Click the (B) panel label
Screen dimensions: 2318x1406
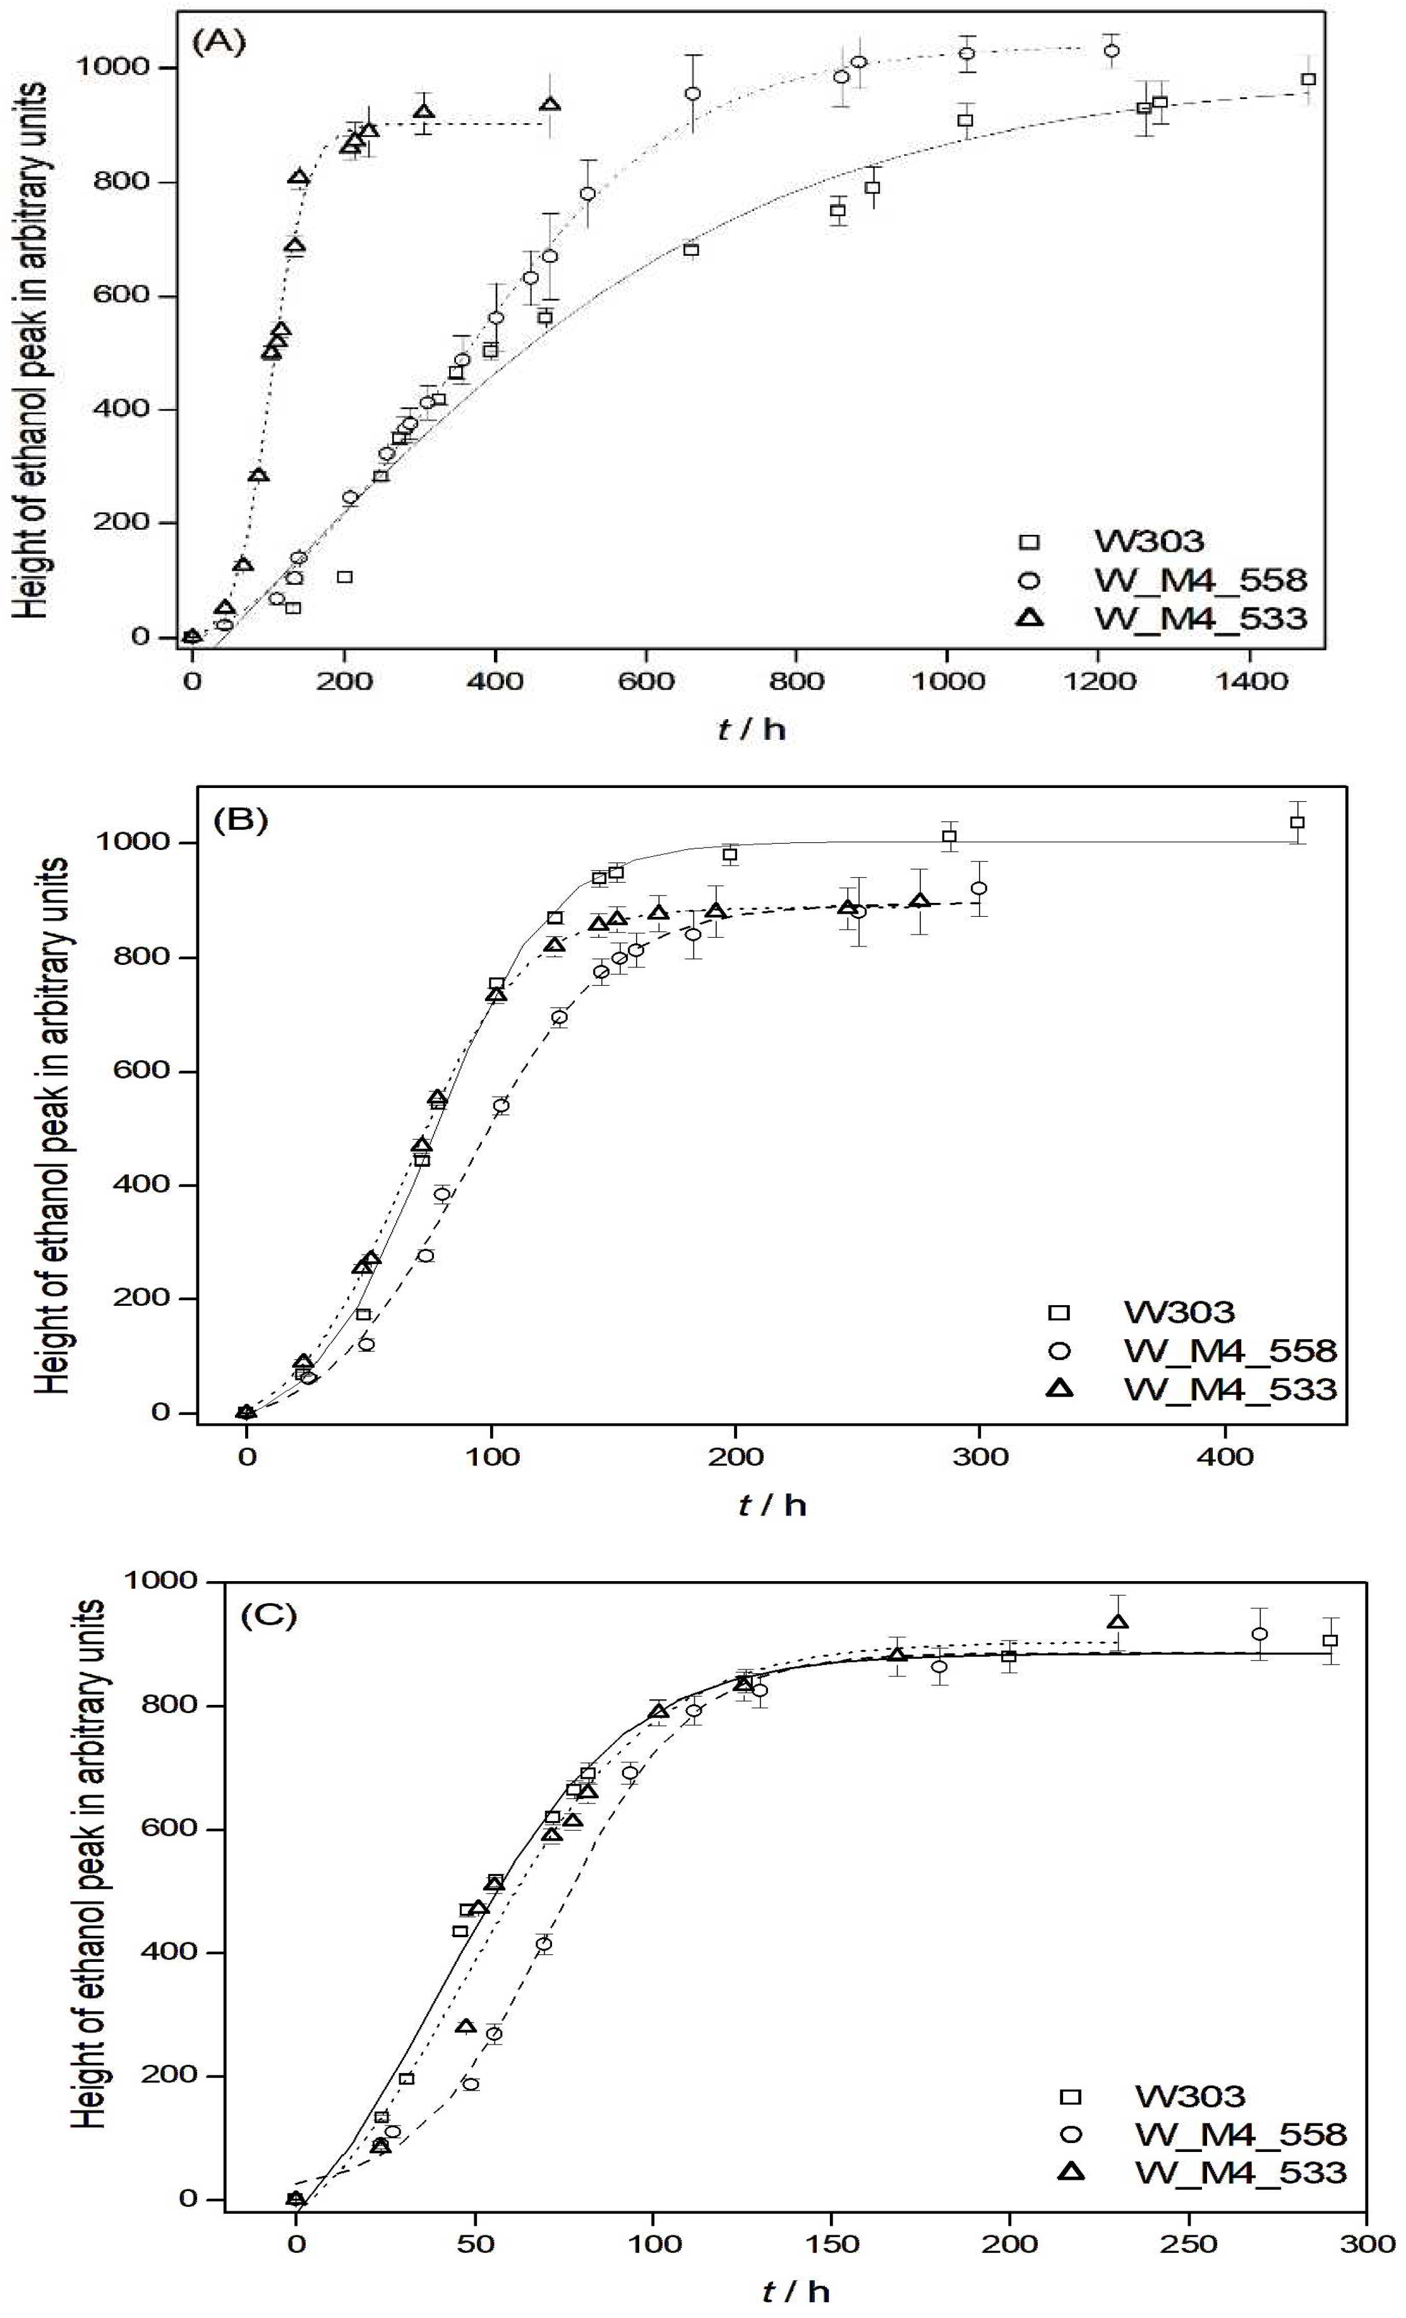[x=241, y=820]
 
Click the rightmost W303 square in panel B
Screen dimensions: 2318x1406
[x=1297, y=822]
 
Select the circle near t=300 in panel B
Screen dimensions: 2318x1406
[x=979, y=888]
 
